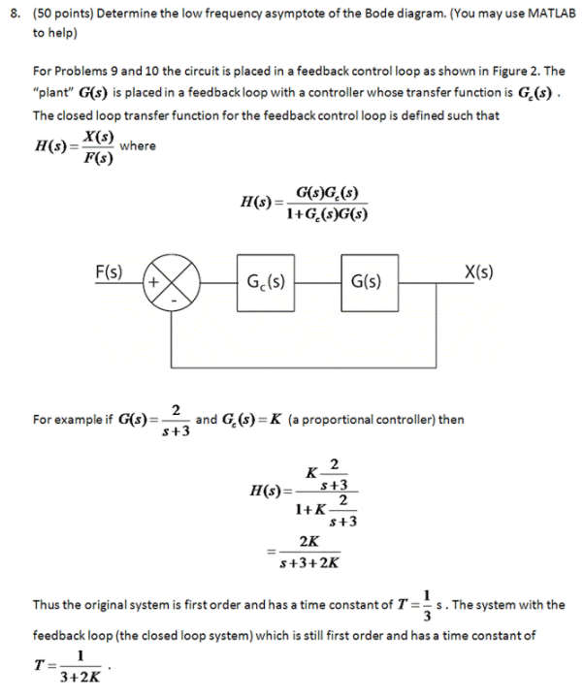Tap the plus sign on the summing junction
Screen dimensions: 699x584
154,282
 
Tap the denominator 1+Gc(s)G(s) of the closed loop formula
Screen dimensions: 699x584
327,214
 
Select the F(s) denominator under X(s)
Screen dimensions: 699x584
95,158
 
